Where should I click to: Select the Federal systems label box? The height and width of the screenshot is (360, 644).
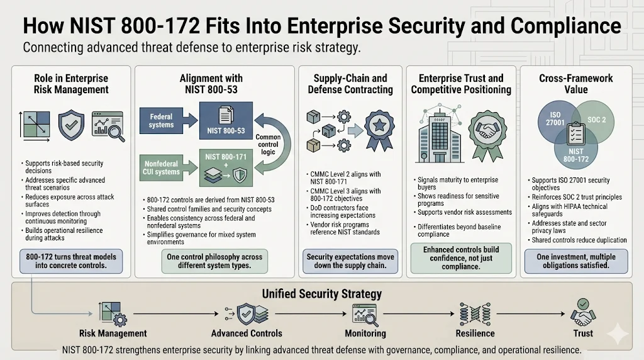tap(162, 121)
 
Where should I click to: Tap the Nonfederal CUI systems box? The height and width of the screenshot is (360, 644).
tap(162, 168)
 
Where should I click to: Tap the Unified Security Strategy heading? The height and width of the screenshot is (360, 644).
tap(321, 294)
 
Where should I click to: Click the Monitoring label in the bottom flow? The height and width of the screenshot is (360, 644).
tap(365, 333)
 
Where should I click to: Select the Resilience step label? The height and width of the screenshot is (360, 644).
tap(475, 333)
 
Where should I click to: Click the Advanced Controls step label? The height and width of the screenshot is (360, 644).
tap(247, 333)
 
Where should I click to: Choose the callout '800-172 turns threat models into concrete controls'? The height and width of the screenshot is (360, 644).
tap(70, 261)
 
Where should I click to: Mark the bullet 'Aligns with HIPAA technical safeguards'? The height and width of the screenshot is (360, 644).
tap(570, 210)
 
